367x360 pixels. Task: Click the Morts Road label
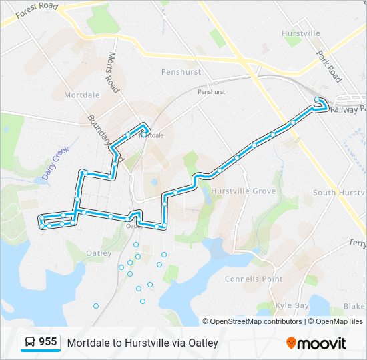tap(113, 71)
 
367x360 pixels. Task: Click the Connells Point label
tap(253, 279)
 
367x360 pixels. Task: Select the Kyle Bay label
tap(292, 305)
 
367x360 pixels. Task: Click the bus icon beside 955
tap(30, 343)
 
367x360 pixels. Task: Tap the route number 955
tap(47, 342)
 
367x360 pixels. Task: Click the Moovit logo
tap(316, 343)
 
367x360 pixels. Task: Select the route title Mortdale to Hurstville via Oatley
tap(142, 343)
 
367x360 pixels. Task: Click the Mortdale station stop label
tap(153, 135)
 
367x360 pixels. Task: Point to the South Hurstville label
tap(340, 193)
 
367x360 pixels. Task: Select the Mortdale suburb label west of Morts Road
tap(81, 95)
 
